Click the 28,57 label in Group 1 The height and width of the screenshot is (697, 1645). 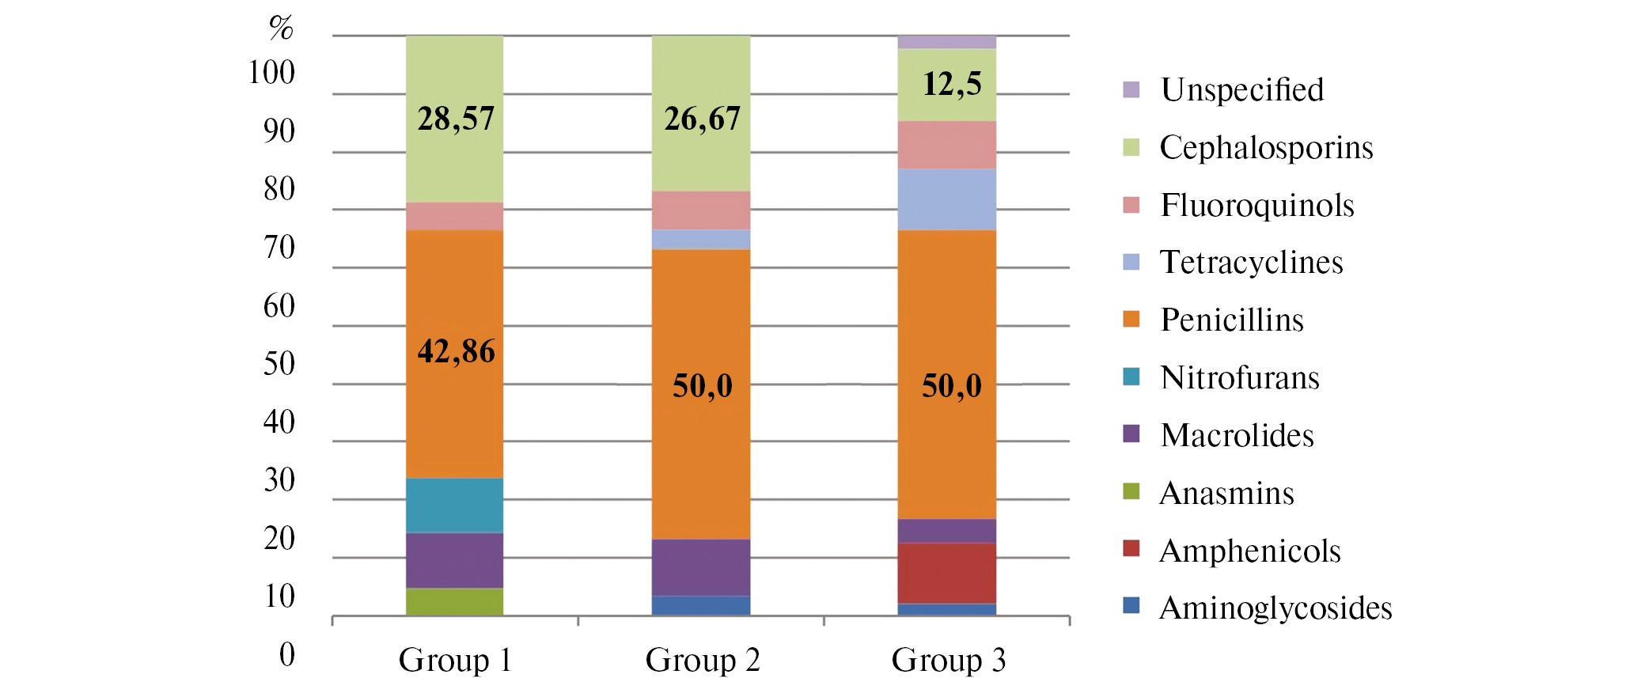(x=456, y=119)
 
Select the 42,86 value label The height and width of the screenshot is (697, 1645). (x=456, y=351)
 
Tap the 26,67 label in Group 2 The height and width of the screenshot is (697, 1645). (x=702, y=119)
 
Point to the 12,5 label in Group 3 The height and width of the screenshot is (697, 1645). (x=952, y=84)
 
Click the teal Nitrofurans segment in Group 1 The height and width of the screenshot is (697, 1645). (x=455, y=505)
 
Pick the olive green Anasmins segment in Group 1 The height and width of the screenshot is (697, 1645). (x=455, y=601)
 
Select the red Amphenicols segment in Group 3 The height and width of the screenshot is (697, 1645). (x=946, y=573)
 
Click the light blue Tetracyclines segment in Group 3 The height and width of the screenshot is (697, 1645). (x=946, y=199)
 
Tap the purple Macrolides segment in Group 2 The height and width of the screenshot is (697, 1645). (x=701, y=566)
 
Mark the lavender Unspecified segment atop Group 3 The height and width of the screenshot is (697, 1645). (x=946, y=42)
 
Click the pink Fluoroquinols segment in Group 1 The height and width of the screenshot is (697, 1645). (x=455, y=216)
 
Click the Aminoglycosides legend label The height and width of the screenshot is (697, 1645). (x=1275, y=608)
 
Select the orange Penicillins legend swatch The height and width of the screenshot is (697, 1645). (x=1131, y=319)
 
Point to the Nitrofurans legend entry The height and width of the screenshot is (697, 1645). (x=1239, y=378)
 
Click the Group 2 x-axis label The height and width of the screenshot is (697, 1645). (x=703, y=660)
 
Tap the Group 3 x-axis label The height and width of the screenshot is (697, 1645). (x=948, y=660)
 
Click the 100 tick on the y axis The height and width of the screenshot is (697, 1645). (x=271, y=73)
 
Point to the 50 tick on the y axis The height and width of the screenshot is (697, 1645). (x=279, y=364)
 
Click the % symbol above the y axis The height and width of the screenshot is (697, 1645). (x=281, y=28)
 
